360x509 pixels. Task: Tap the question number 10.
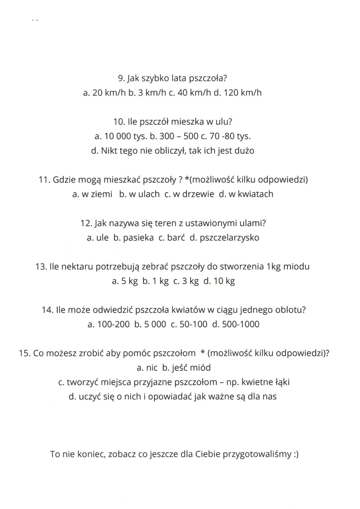pyautogui.click(x=119, y=122)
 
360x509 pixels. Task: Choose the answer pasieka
pyautogui.click(x=138, y=238)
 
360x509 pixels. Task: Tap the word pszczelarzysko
pyautogui.click(x=229, y=238)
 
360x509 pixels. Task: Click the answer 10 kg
pyautogui.click(x=224, y=281)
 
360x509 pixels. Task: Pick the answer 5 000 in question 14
pyautogui.click(x=154, y=324)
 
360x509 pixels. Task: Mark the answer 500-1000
pyautogui.click(x=241, y=324)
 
